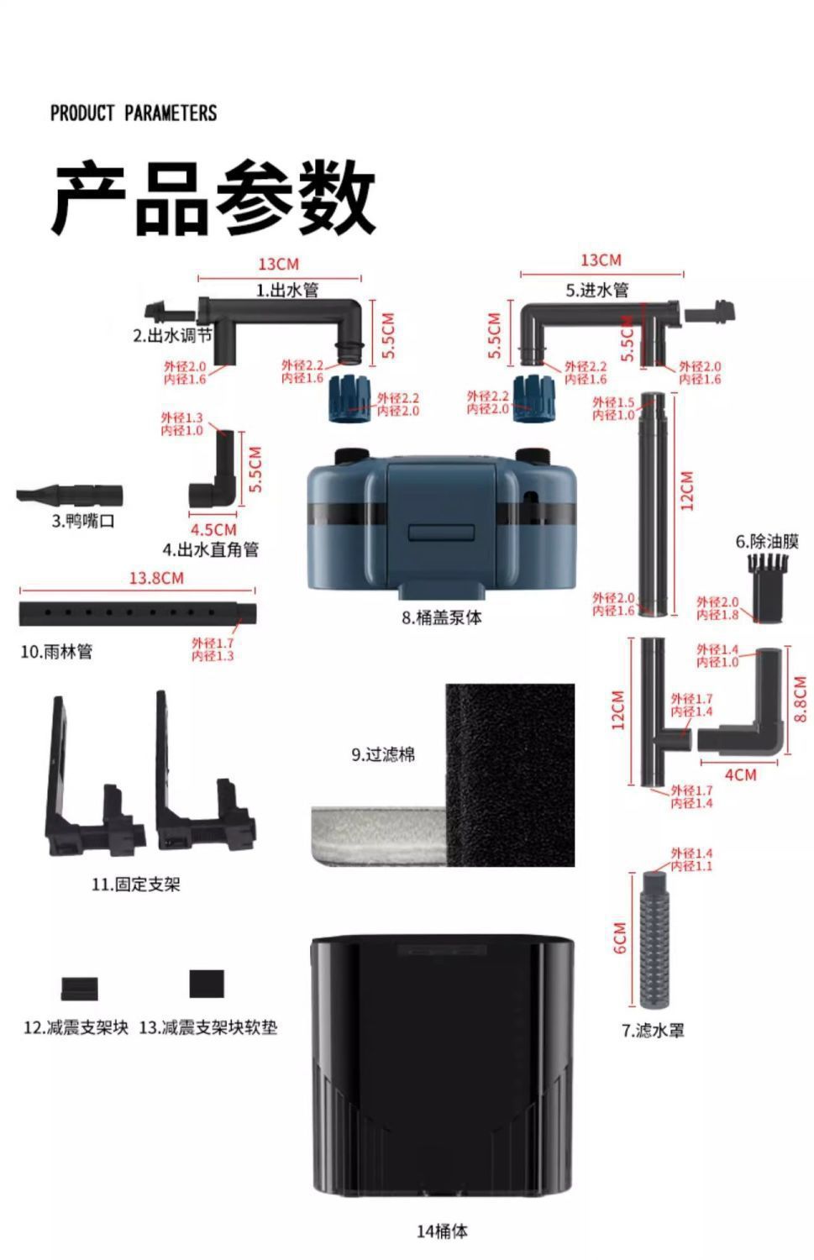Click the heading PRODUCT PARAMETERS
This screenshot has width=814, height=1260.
tap(134, 113)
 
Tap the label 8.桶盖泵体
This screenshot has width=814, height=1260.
tap(441, 618)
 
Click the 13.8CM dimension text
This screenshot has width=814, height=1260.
tap(155, 578)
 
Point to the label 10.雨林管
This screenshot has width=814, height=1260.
tap(56, 652)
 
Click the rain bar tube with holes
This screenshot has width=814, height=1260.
tap(137, 612)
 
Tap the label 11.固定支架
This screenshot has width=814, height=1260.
tap(135, 885)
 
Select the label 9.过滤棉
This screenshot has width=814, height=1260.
tap(382, 755)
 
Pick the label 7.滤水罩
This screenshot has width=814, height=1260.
tap(653, 1030)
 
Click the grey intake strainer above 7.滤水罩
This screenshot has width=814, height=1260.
tap(654, 939)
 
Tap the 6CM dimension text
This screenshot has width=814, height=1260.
tap(620, 937)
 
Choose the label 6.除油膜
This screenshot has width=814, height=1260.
tap(767, 541)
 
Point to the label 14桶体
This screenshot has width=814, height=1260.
tap(442, 1231)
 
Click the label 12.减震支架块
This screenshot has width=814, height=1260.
tap(76, 1027)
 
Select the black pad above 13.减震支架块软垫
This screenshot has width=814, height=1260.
tap(207, 984)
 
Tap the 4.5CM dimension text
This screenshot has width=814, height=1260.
tap(213, 530)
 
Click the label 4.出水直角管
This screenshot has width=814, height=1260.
tap(210, 550)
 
